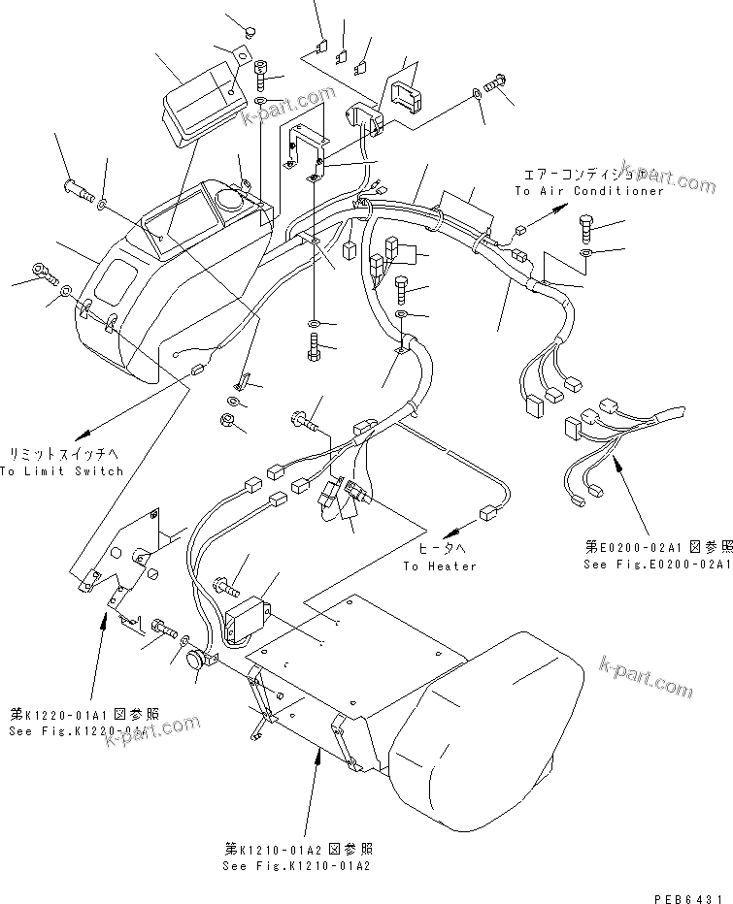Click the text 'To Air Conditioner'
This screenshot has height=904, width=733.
point(588,191)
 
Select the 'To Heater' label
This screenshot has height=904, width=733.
point(440,566)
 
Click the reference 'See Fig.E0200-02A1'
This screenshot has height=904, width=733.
point(657,564)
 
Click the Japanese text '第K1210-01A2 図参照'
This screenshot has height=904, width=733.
point(295,849)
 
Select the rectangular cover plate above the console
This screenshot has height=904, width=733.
point(203,97)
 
